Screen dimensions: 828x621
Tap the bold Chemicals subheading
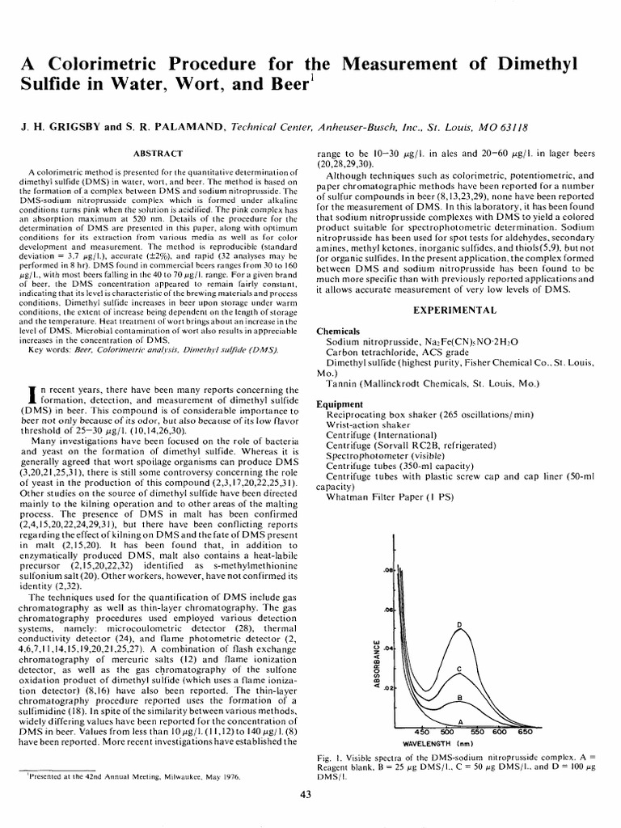tap(337, 332)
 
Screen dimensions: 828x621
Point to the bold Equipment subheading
tap(340, 403)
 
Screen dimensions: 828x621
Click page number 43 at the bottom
tap(306, 795)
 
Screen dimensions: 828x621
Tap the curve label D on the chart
tap(459, 625)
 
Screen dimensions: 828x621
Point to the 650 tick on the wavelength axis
tap(525, 731)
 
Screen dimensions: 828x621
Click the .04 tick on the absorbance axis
tap(388, 648)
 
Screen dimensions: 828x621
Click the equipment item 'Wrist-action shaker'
tap(364, 424)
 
